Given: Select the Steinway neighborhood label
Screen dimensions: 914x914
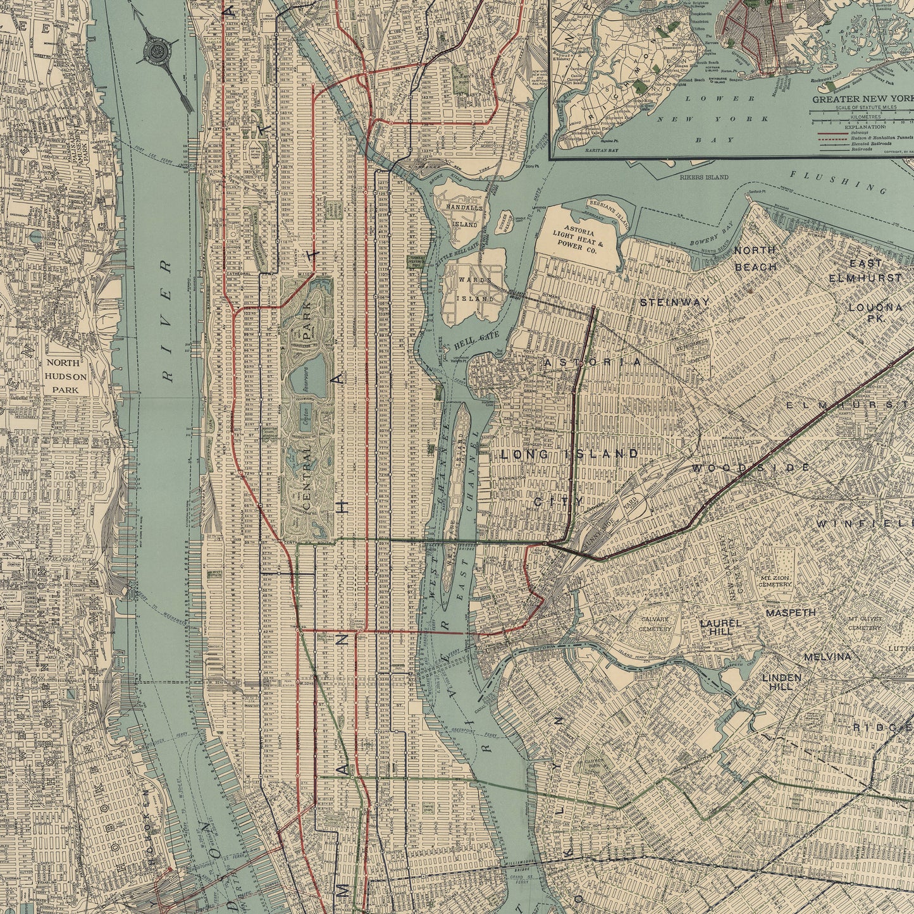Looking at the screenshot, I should click(x=674, y=302).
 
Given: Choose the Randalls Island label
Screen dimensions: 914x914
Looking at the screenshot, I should click(x=464, y=215).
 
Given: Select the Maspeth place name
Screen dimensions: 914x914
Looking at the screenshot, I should click(x=791, y=613).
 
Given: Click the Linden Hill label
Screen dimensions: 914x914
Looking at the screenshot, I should click(x=781, y=681).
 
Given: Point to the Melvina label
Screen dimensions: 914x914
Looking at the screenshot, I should click(x=827, y=657).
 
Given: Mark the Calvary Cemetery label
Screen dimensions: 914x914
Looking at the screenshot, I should click(x=655, y=624).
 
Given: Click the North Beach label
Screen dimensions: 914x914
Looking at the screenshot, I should click(x=755, y=259).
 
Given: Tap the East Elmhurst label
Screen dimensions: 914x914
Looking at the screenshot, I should click(x=865, y=270).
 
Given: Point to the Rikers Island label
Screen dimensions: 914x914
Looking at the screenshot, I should click(x=704, y=178).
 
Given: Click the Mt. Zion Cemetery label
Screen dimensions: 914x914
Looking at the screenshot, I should click(x=775, y=581).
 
